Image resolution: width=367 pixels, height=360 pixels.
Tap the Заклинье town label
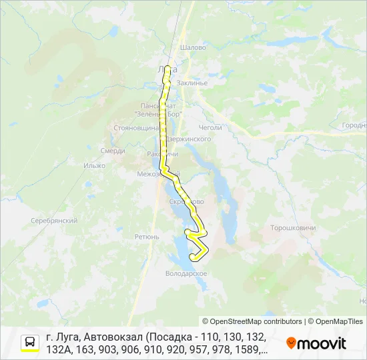coord(194,83)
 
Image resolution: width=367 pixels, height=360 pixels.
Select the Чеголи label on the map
coord(210,127)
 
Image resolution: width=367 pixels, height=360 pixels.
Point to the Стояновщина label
coord(135,127)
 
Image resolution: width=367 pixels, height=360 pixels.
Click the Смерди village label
coord(113,151)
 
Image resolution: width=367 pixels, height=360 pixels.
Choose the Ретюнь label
coord(147,237)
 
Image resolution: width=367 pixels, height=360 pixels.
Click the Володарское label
coord(186,273)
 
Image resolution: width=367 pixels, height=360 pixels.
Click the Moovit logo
coord(316,343)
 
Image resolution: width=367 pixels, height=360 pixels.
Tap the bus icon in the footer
coord(30,343)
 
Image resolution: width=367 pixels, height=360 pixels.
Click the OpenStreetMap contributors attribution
coord(252,321)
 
